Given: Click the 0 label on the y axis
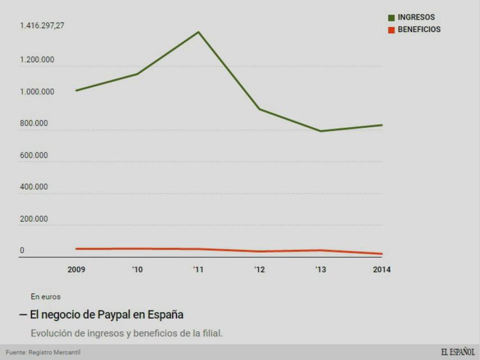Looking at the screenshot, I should click(22, 250).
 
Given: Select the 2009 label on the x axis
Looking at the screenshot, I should click(76, 269).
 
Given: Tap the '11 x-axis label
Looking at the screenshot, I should click(198, 269).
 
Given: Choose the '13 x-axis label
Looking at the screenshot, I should click(320, 269).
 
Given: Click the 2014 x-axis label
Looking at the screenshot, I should click(382, 269).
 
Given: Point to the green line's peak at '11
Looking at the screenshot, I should click(198, 31).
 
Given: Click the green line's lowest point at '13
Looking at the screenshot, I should click(320, 131).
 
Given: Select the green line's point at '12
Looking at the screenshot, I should click(259, 109).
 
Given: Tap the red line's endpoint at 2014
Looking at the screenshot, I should click(382, 254).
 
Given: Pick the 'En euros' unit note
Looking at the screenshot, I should click(46, 296).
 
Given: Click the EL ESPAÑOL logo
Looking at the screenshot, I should click(458, 352).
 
